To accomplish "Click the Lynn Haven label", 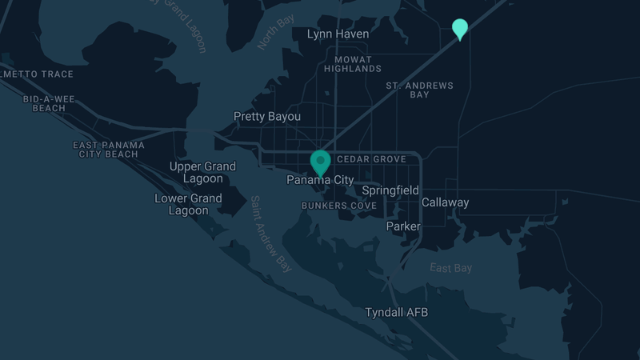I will [338, 34].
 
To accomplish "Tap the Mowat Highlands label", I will [353, 64].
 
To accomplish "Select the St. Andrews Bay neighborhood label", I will [419, 90].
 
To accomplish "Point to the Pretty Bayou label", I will [267, 117].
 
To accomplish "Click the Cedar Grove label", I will [371, 159].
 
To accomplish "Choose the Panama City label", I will [320, 181].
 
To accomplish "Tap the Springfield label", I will [390, 190].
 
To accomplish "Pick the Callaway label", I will [445, 202].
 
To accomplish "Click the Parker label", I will [402, 226].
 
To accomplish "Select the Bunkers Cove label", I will [338, 206].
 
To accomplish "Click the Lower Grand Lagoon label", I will [188, 205].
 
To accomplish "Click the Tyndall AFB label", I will [396, 312].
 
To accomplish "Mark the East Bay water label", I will [450, 268].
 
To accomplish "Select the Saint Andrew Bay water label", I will [270, 234].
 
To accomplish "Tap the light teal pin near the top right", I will [460, 28].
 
